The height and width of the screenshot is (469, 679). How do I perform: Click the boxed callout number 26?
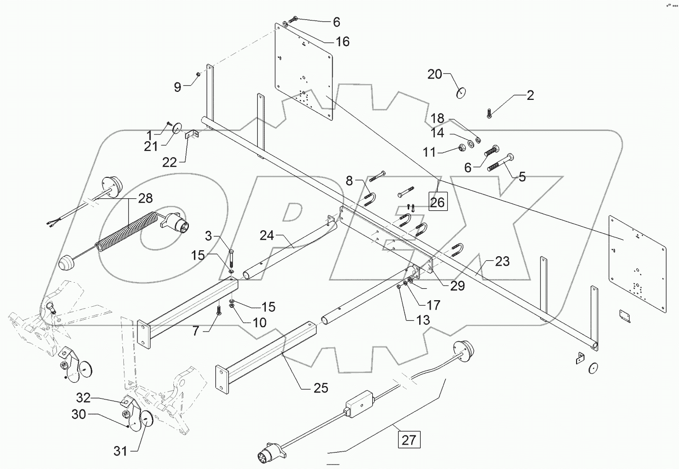[x=437, y=203]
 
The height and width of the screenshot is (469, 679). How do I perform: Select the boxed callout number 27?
[x=409, y=441]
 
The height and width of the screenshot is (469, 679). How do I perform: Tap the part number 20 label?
[x=435, y=74]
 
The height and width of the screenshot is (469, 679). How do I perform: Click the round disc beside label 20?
[x=461, y=93]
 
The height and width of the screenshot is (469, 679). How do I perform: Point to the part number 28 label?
[x=146, y=198]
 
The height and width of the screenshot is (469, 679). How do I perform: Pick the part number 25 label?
[x=320, y=387]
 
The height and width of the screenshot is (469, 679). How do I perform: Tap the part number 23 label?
[x=502, y=261]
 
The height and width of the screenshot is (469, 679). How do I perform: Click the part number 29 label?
[x=457, y=285]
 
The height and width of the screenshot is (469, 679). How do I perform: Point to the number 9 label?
[x=178, y=87]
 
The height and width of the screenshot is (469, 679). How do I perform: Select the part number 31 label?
[x=120, y=451]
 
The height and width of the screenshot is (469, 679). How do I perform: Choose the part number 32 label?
[x=83, y=398]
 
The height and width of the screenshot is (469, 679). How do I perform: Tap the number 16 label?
[x=342, y=41]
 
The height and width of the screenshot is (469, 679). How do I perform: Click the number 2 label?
[x=530, y=95]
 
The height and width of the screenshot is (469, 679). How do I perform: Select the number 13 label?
[x=423, y=320]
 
